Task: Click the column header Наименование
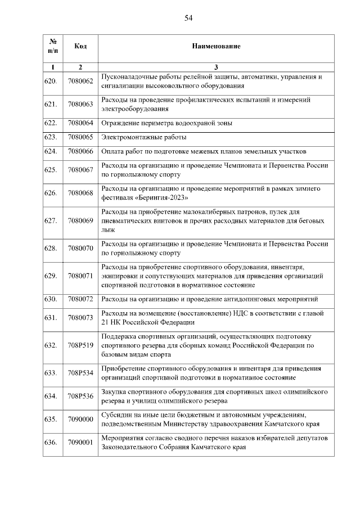click(x=216, y=46)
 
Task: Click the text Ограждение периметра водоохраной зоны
click(x=166, y=123)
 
